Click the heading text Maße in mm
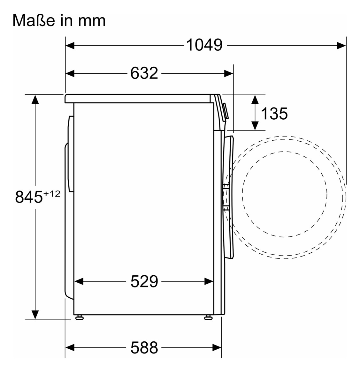click(x=59, y=20)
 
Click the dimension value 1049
click(x=204, y=45)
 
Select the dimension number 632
click(x=144, y=73)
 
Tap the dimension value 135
click(x=274, y=113)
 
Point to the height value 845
click(x=29, y=197)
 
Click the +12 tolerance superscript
click(x=51, y=194)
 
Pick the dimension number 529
click(x=144, y=281)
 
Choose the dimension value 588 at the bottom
click(x=144, y=347)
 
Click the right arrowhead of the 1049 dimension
click(x=341, y=45)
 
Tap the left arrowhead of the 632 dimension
click(x=70, y=74)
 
